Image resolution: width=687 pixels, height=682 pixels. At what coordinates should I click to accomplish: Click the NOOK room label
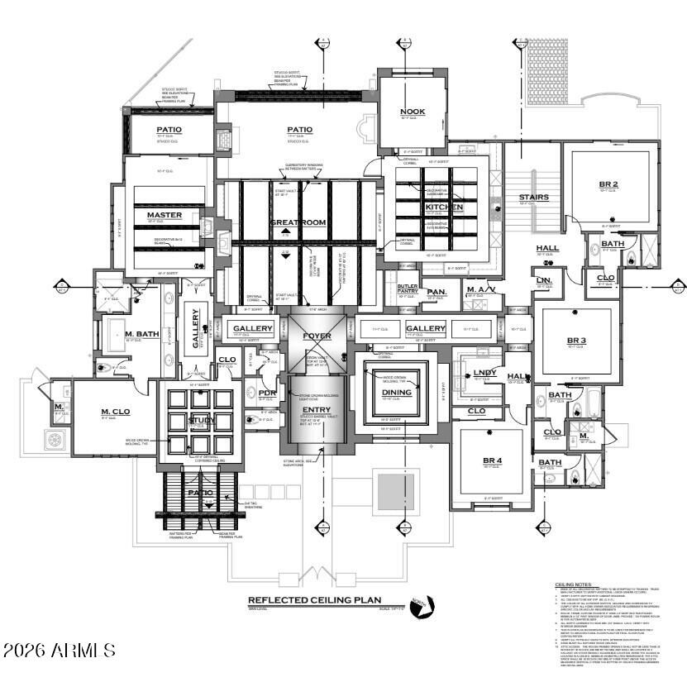tap(412, 112)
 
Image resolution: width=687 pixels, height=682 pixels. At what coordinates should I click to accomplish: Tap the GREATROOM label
tap(298, 222)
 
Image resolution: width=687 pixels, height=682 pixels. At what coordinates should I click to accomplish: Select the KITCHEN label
tap(444, 207)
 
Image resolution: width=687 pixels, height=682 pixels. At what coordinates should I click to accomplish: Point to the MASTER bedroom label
tap(164, 215)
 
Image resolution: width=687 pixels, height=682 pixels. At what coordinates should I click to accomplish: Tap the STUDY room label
tap(202, 420)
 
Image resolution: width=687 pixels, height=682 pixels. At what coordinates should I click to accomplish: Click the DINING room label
tap(397, 393)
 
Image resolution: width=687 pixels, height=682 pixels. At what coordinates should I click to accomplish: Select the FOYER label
tap(317, 336)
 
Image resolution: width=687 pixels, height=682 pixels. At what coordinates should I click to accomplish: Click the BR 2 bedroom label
tap(609, 184)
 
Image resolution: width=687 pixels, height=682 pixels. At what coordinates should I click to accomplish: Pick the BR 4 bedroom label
tap(493, 460)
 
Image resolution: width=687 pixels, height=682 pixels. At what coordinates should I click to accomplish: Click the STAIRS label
tap(534, 197)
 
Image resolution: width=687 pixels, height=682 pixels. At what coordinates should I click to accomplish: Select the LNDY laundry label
tap(484, 373)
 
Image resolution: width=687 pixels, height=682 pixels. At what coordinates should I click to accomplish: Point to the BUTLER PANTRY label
tap(408, 289)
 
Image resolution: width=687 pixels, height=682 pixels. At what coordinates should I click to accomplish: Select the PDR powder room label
tap(266, 393)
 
